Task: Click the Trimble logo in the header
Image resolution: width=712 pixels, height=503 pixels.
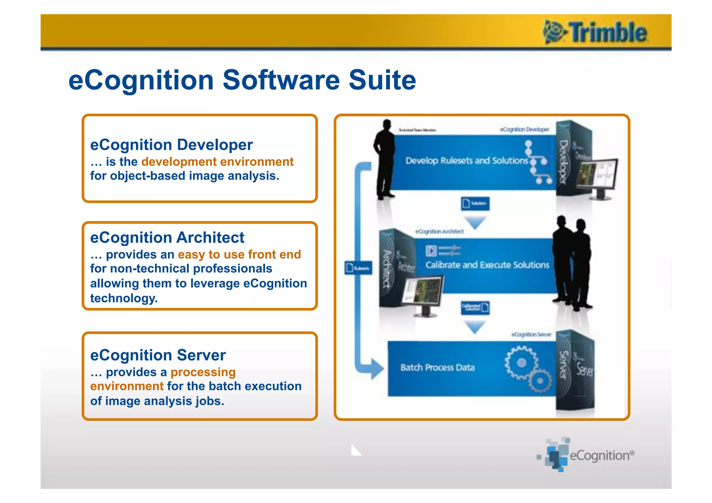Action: pyautogui.click(x=595, y=32)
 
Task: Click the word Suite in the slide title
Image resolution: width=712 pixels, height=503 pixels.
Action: pyautogui.click(x=382, y=80)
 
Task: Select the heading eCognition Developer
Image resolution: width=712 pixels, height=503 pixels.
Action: pyautogui.click(x=171, y=145)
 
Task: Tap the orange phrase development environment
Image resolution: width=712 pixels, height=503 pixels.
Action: pyautogui.click(x=217, y=162)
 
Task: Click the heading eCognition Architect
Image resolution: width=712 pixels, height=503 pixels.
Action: pyautogui.click(x=167, y=238)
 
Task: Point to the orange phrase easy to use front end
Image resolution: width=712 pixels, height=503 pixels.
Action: pyautogui.click(x=239, y=254)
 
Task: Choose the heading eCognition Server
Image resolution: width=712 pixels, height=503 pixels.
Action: pyautogui.click(x=158, y=355)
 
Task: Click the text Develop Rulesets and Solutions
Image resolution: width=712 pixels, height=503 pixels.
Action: pyautogui.click(x=467, y=161)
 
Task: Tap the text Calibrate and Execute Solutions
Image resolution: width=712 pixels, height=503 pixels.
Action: pyautogui.click(x=487, y=265)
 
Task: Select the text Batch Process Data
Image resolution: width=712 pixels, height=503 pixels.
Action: pyautogui.click(x=437, y=367)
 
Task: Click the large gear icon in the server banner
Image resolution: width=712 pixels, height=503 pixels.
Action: pyautogui.click(x=520, y=363)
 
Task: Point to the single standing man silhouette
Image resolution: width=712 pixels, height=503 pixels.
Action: pyautogui.click(x=385, y=160)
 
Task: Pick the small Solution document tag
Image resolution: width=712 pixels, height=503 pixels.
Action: pyautogui.click(x=475, y=203)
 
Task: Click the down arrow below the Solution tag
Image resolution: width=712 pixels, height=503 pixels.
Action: pyautogui.click(x=475, y=222)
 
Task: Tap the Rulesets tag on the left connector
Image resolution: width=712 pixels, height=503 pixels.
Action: pyautogui.click(x=358, y=268)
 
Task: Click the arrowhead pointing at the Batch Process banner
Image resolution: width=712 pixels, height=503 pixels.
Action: pyautogui.click(x=377, y=368)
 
